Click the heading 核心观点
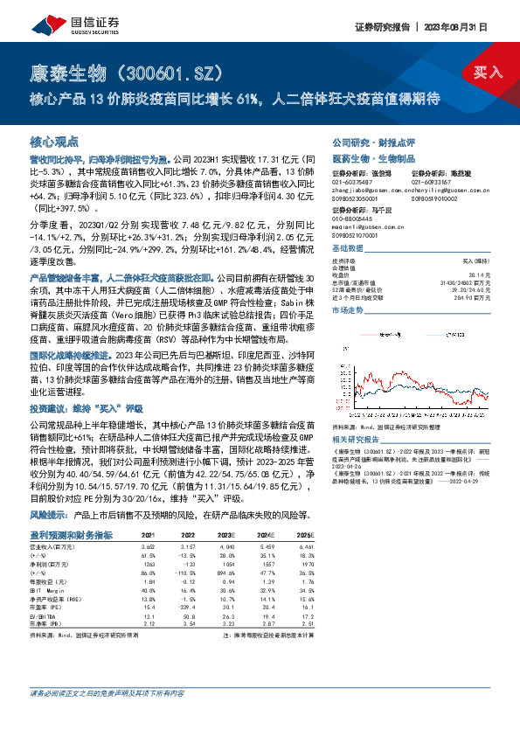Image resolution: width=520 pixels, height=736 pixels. coord(54,141)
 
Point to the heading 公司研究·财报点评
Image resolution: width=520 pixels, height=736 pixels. coord(372,141)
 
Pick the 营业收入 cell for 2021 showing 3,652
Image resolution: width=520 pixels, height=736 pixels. coord(148,522)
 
